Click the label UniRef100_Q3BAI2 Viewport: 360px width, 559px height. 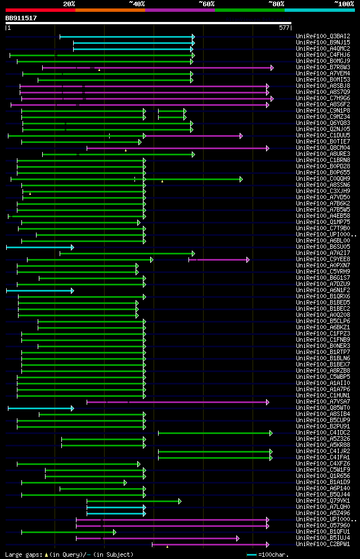(x=323, y=37)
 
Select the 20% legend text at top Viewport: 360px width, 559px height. (x=69, y=3)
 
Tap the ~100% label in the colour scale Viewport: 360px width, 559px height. (x=344, y=3)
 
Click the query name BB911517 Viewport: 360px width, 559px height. (x=21, y=18)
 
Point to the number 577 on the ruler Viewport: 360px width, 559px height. (x=284, y=28)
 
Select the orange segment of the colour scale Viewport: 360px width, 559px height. (x=110, y=10)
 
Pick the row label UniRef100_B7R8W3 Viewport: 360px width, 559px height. (x=323, y=68)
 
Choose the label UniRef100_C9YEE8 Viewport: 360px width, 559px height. (x=323, y=260)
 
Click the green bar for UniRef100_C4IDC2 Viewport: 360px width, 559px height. (x=214, y=433)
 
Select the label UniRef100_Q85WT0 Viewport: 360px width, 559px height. (x=323, y=408)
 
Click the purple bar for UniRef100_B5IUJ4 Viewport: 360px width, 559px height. (x=157, y=538)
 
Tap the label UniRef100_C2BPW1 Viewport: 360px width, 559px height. (x=323, y=544)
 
